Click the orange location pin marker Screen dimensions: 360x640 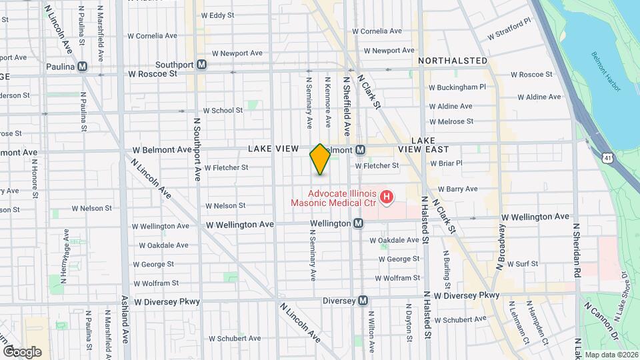[x=320, y=159]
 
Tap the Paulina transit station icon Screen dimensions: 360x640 [x=83, y=66]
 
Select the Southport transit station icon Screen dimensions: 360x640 [x=201, y=65]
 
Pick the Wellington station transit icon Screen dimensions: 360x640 [x=358, y=223]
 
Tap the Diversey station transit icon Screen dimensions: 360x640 [x=363, y=301]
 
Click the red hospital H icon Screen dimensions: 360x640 [x=386, y=197]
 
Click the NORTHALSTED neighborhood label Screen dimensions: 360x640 [x=453, y=61]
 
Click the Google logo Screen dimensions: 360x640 [x=22, y=351]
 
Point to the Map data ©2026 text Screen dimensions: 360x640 [x=610, y=355]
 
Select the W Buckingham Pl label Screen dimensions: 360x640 [x=457, y=87]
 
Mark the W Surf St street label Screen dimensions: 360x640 [x=522, y=264]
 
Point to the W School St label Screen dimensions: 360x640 [x=223, y=110]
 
